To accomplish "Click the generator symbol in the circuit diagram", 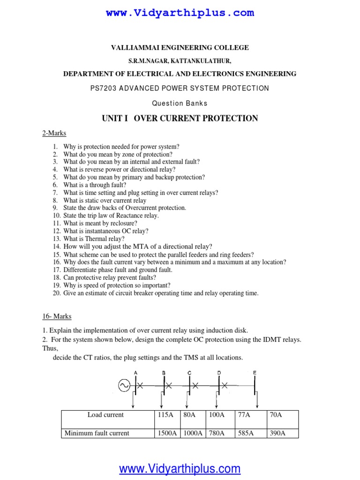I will (124, 385).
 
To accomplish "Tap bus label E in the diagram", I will (255, 372).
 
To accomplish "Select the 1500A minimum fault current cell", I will (166, 433).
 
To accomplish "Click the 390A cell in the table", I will (277, 433).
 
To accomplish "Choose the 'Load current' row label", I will (105, 415).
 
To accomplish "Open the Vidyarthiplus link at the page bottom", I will (180, 468).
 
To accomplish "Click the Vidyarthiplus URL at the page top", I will (180, 13).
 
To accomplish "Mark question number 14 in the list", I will (57, 246).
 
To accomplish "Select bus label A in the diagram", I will (135, 372).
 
